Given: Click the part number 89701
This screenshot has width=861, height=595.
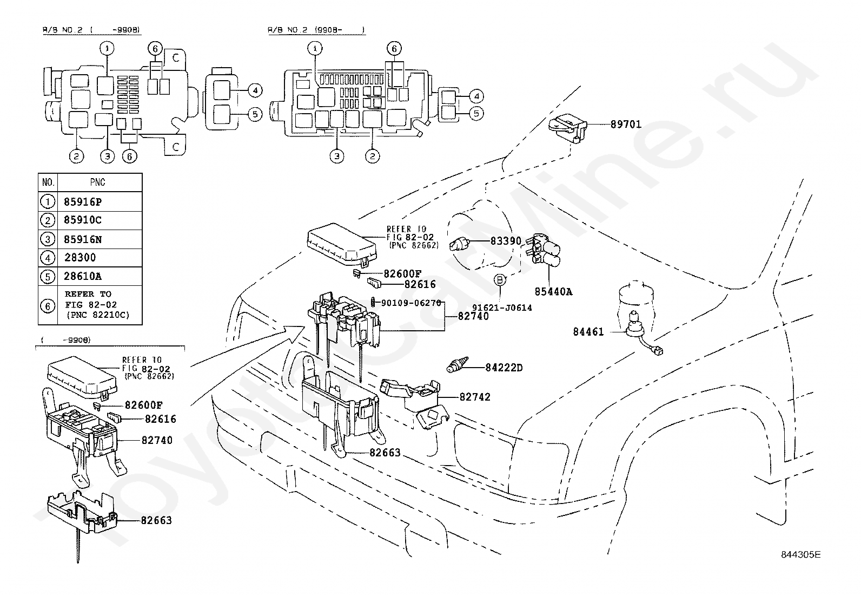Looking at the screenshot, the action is (626, 125).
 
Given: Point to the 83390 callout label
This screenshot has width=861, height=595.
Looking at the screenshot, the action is (506, 241).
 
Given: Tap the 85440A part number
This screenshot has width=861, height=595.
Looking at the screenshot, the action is (553, 292).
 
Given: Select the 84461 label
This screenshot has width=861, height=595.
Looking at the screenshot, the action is (588, 332).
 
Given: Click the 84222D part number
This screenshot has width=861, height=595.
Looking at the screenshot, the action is (504, 368).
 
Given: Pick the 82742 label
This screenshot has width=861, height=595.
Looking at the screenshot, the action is (475, 397).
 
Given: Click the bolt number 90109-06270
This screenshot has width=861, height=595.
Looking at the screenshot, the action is (411, 303).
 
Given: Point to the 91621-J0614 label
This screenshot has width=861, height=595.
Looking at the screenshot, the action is (502, 308).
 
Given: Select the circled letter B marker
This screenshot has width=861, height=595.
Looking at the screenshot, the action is (500, 280).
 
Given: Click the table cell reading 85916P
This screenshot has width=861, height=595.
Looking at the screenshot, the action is (83, 201).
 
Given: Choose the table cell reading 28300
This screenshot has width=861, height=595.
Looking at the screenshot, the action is (80, 257).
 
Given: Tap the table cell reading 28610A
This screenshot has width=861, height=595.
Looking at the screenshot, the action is (83, 276).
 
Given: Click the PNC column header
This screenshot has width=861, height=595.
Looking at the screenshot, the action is (98, 182).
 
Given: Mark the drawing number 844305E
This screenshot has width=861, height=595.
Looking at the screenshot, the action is (800, 554).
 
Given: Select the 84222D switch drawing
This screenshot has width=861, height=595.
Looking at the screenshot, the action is (458, 364).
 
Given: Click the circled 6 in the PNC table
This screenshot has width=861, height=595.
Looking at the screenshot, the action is (48, 306).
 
